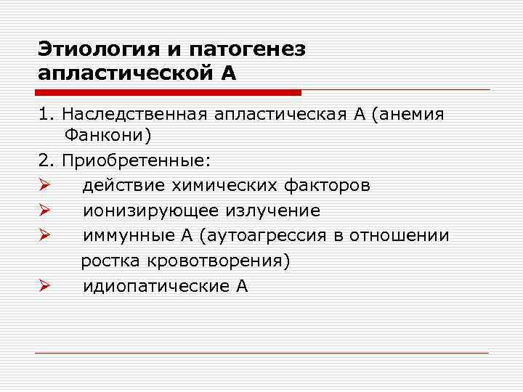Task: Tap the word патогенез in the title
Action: pyautogui.click(x=247, y=50)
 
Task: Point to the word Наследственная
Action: pyautogui.click(x=134, y=115)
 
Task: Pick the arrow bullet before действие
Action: pyautogui.click(x=44, y=186)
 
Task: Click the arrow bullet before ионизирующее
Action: pyautogui.click(x=44, y=211)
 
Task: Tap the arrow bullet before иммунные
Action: pyautogui.click(x=44, y=236)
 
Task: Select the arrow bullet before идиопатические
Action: pyautogui.click(x=44, y=286)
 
